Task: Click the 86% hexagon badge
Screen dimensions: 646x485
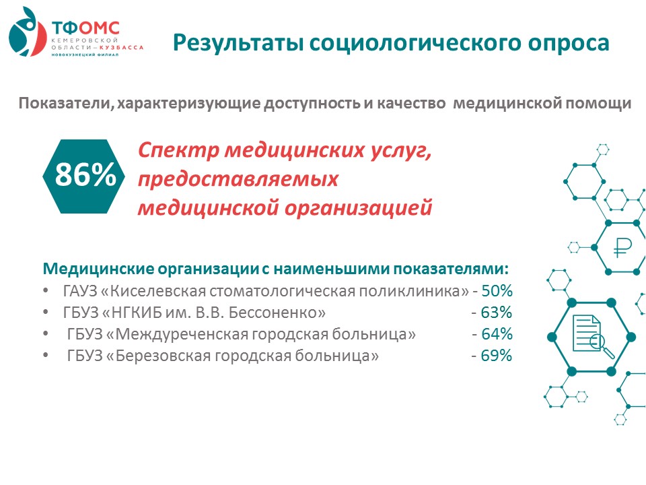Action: tap(84, 176)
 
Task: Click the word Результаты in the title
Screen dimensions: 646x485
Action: tap(238, 43)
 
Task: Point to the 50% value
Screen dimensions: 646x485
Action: tap(497, 291)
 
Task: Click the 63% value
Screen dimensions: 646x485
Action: tap(497, 312)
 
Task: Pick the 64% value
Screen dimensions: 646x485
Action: tap(497, 333)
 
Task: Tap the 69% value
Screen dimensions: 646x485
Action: tap(497, 355)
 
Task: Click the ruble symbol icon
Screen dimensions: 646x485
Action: tap(622, 248)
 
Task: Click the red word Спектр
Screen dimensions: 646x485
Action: tap(178, 151)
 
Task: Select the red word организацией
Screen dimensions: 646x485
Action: tap(359, 207)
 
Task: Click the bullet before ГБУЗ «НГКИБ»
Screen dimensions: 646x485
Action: tap(46, 312)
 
